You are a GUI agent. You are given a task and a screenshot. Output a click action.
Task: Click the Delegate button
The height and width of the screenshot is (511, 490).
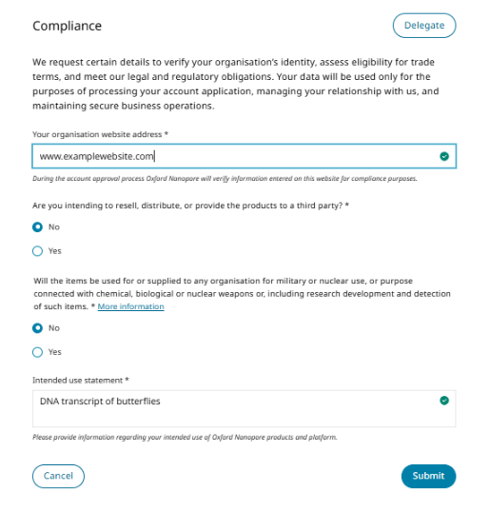coord(423,26)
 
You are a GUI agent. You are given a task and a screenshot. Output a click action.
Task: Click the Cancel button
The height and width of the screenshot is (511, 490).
coord(58,476)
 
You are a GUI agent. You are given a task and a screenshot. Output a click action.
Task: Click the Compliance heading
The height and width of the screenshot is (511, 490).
coord(67,26)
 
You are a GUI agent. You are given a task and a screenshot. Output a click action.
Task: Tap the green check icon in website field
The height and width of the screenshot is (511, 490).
coord(444,156)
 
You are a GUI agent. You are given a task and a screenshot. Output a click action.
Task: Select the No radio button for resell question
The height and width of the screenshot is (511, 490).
coord(37,227)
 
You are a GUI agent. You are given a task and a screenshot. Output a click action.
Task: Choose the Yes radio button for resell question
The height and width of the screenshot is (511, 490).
coord(37,251)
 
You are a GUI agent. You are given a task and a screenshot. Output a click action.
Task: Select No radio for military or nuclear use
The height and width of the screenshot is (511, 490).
coord(37,328)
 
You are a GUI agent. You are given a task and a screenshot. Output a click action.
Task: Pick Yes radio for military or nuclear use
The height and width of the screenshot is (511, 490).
coord(37,352)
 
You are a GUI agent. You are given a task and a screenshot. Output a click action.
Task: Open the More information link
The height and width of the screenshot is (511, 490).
coord(130,306)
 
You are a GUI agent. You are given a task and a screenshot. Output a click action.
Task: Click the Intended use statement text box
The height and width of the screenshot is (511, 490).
coord(238,413)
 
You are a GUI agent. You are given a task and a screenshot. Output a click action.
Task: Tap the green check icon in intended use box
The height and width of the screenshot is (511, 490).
coord(444,401)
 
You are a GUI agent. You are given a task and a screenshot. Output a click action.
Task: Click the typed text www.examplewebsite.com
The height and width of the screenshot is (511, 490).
coord(96,156)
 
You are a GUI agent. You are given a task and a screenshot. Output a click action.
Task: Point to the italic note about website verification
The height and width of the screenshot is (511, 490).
coord(225,178)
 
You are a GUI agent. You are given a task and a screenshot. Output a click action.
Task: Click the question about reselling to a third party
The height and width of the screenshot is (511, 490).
coord(190,205)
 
